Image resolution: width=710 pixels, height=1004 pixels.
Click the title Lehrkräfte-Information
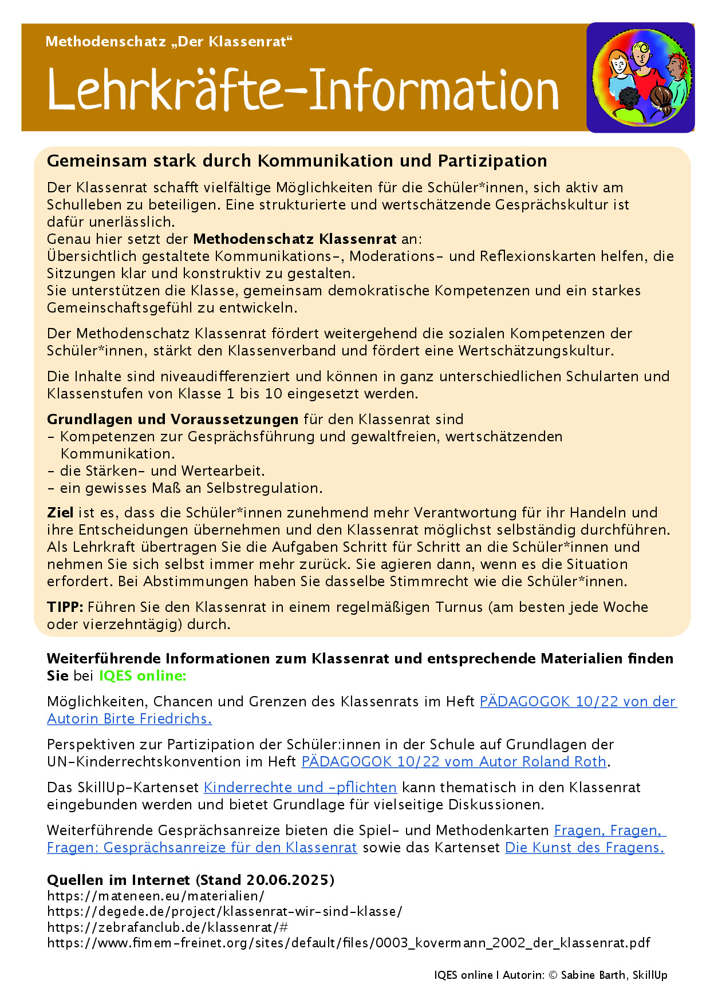coord(303,90)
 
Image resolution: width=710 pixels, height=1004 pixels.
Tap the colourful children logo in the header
coord(641,77)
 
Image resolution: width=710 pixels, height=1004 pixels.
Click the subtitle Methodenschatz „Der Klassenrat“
coord(169,42)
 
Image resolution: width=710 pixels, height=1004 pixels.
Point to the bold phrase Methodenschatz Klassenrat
coord(295,239)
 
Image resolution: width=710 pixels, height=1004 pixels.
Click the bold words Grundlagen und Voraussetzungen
coord(172,420)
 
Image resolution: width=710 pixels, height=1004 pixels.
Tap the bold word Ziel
coord(60,512)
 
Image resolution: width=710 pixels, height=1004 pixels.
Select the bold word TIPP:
coord(65,607)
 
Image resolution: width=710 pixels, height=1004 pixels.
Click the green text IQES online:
coord(143,676)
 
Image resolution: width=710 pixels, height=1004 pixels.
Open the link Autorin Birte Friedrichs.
coord(129,719)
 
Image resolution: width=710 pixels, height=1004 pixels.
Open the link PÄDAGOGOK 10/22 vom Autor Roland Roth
coord(453,762)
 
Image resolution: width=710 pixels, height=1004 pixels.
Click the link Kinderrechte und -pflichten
coord(300,788)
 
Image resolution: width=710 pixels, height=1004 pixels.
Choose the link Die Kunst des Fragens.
coord(584,848)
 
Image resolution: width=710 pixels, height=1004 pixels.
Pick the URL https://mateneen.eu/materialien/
coord(155,896)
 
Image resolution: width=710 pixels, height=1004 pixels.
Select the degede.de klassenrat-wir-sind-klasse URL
coord(224,911)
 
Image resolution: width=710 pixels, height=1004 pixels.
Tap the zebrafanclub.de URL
coord(167,927)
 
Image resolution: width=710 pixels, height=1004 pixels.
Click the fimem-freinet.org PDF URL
coord(348,943)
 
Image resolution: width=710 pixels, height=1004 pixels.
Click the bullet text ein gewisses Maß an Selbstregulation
coord(191,488)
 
